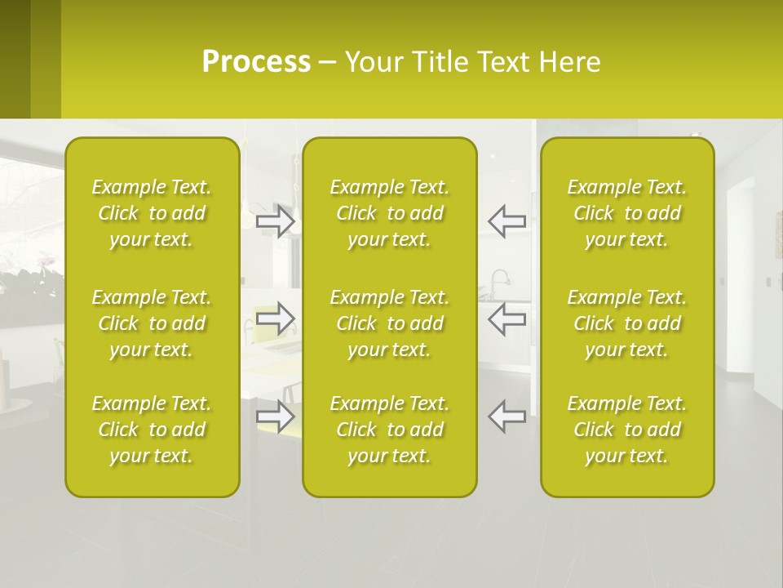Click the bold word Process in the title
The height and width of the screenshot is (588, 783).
click(256, 62)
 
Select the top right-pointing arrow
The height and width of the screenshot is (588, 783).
click(275, 220)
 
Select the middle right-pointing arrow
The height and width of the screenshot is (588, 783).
click(275, 318)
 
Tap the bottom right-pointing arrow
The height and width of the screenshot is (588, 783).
click(275, 416)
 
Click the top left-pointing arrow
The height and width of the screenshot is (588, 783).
click(507, 220)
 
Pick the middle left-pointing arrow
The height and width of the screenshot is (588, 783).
click(507, 318)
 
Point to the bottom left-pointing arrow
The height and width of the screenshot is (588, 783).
click(507, 416)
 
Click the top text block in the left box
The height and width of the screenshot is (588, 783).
click(152, 213)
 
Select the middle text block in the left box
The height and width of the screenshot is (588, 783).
click(152, 323)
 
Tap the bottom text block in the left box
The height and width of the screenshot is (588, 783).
click(152, 430)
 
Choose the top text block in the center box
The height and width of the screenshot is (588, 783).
click(389, 213)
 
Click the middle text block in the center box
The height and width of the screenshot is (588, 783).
click(389, 323)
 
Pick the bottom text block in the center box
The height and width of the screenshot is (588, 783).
click(389, 430)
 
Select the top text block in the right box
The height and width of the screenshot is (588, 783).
click(627, 213)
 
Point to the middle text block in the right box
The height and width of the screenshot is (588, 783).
click(627, 323)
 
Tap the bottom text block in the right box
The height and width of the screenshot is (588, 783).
click(627, 430)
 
